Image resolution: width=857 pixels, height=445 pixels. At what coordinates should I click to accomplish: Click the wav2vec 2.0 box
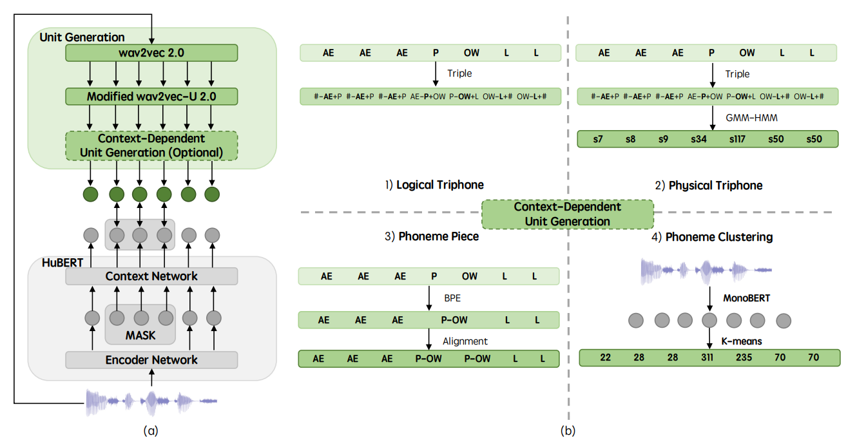[x=151, y=53]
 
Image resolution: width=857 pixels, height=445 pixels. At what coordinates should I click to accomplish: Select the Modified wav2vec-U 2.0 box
[x=151, y=97]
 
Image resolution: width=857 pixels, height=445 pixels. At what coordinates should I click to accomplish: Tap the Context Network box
[x=151, y=276]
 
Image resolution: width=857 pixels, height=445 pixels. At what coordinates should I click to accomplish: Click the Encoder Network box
[x=151, y=360]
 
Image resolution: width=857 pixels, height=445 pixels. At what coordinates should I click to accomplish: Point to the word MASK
[x=140, y=336]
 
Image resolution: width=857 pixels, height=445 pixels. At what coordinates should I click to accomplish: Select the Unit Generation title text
[x=82, y=37]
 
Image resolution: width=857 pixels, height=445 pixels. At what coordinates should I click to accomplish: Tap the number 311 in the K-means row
[x=707, y=357]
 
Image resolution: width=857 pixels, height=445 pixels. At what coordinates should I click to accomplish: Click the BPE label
[x=452, y=299]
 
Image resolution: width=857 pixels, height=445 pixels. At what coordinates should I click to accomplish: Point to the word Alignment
[x=465, y=341]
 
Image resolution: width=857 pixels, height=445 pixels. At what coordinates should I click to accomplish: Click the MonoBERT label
[x=742, y=299]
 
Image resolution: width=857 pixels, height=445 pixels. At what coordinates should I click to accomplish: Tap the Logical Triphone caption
[x=434, y=185]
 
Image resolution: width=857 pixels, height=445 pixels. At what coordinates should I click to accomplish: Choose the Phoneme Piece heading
[x=432, y=237]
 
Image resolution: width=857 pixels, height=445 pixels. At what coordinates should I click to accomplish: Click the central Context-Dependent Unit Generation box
[x=567, y=214]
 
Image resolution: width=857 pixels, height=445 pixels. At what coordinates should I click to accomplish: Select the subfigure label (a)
[x=151, y=431]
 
